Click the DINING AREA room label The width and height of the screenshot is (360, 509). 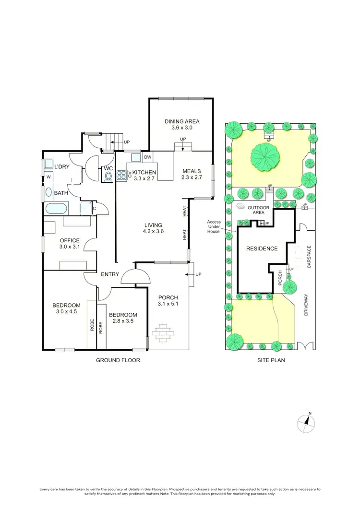tap(182, 122)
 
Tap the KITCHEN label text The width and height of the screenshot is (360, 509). tap(144, 172)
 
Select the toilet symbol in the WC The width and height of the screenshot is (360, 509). tap(108, 177)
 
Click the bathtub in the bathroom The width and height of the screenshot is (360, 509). tap(56, 210)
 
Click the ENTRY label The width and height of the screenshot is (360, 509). tap(110, 274)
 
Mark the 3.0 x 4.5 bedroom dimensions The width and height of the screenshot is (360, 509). tap(66, 312)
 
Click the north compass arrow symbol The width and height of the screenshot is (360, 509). tap(306, 422)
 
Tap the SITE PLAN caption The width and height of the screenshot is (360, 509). tap(271, 360)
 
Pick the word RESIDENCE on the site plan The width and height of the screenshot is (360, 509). tap(262, 249)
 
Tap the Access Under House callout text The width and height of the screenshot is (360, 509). tap(214, 226)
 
